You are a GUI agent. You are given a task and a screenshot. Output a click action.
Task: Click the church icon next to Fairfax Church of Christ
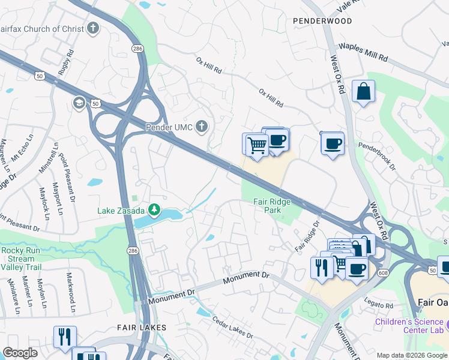pyautogui.click(x=92, y=28)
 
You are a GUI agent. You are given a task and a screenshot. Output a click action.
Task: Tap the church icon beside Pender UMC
pyautogui.click(x=202, y=127)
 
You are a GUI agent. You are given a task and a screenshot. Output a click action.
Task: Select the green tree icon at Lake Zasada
pyautogui.click(x=155, y=209)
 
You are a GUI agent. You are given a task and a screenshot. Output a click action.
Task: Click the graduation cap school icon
pyautogui.click(x=79, y=104)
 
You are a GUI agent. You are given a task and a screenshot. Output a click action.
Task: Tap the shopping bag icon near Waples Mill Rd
pyautogui.click(x=363, y=92)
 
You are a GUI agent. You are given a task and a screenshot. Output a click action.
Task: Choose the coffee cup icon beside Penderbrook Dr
pyautogui.click(x=333, y=144)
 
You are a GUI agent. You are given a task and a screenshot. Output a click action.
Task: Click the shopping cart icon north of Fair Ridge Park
pyautogui.click(x=257, y=145)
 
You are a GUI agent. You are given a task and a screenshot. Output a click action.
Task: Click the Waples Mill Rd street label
pyautogui.click(x=363, y=52)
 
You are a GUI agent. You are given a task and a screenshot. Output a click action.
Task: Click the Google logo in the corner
pyautogui.click(x=20, y=353)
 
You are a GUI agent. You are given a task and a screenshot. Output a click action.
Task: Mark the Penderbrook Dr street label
pyautogui.click(x=377, y=155)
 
